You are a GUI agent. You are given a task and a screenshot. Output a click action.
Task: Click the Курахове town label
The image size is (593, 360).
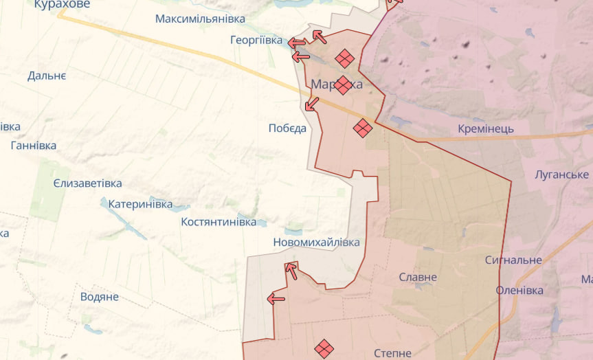point(62,4)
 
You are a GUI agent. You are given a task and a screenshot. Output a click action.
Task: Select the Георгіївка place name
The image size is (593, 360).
point(256,41)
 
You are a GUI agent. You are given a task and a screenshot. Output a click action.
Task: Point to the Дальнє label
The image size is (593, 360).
point(47,76)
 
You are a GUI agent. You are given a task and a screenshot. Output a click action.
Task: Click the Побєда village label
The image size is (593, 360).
point(287,128)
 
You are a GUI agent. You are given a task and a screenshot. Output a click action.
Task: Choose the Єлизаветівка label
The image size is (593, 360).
point(87,183)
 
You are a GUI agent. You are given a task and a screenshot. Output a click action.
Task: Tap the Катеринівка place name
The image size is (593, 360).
point(140,204)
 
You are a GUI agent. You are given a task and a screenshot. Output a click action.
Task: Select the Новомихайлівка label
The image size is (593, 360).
point(316,243)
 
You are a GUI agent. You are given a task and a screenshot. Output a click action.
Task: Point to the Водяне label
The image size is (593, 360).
point(100,297)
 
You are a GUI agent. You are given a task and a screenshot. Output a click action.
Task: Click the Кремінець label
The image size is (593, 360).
point(486,129)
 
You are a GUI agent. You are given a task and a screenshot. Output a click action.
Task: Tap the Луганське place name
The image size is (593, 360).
point(562,175)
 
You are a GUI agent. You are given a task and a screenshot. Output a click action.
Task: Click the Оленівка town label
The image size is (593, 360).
point(519,291)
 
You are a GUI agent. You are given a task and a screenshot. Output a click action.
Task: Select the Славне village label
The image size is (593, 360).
point(418,278)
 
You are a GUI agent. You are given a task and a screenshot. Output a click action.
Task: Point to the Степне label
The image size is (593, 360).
point(393,353)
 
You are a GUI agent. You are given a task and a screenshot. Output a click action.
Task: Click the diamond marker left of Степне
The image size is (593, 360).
point(324,349)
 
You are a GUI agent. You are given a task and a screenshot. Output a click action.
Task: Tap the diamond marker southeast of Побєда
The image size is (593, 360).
point(363,128)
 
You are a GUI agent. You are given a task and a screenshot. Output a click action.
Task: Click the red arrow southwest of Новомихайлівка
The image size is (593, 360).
point(276,298)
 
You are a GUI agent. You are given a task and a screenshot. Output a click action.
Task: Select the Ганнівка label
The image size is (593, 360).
point(34,146)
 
